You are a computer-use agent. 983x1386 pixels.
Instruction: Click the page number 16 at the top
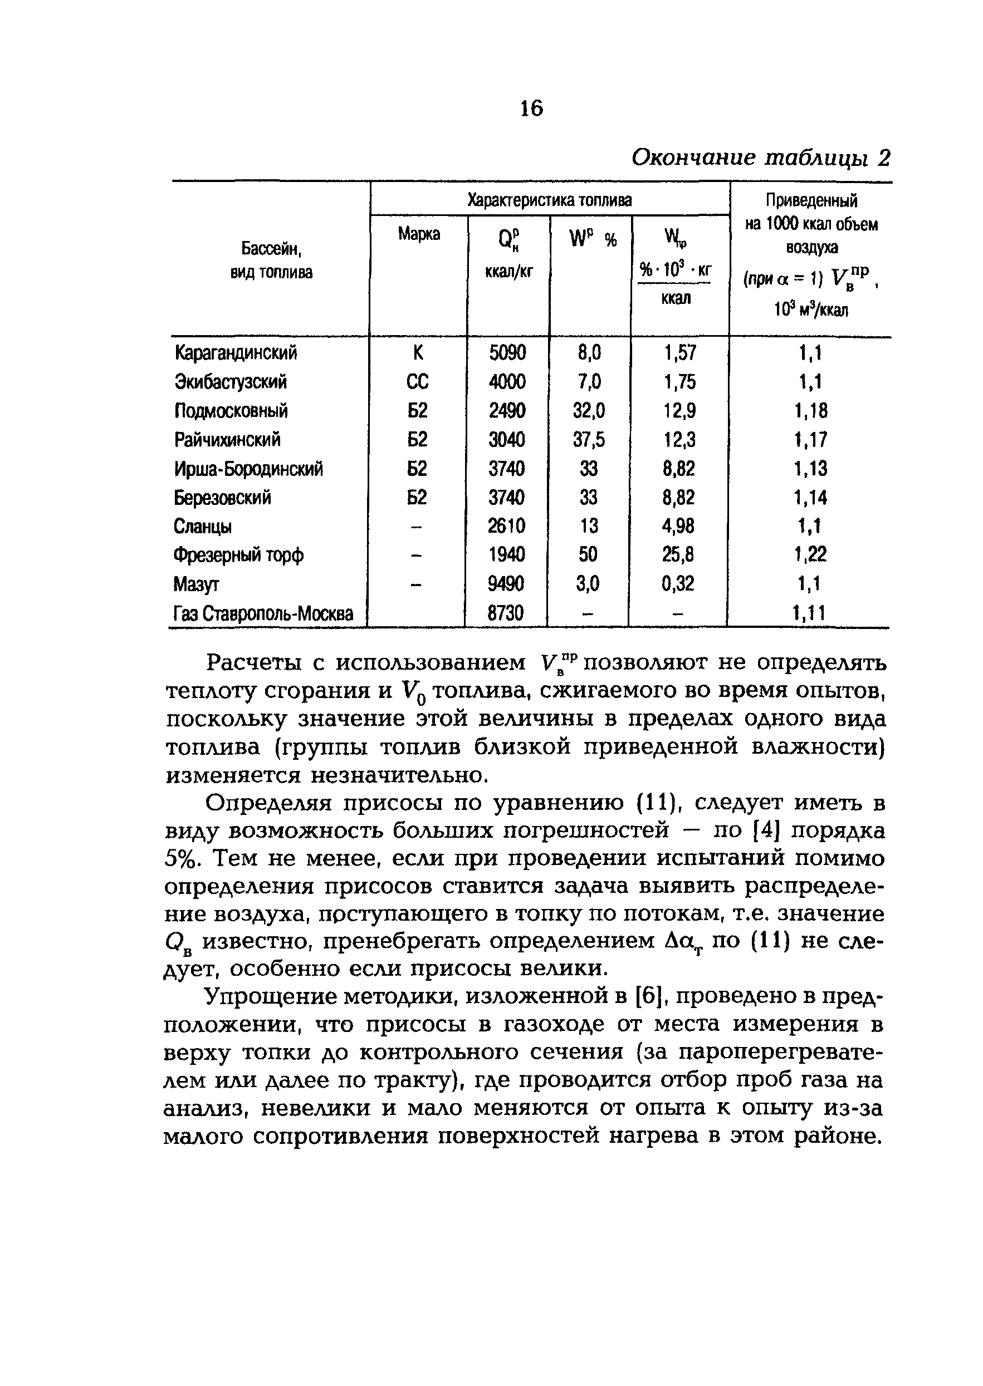click(x=531, y=109)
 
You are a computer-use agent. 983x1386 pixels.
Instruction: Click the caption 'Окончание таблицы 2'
click(x=761, y=158)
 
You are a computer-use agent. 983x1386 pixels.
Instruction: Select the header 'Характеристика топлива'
click(x=550, y=200)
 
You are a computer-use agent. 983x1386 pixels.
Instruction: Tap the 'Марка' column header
click(x=419, y=234)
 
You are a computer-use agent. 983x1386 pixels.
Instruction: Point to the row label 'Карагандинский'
click(x=236, y=353)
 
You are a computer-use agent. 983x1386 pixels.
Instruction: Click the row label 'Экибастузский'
click(x=231, y=382)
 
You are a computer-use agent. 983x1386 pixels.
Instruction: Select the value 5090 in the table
click(x=507, y=353)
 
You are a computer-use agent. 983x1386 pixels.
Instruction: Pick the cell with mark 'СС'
click(x=418, y=382)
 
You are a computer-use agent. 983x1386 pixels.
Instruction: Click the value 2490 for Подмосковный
click(x=507, y=411)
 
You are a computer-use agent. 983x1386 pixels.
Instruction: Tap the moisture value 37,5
click(x=589, y=440)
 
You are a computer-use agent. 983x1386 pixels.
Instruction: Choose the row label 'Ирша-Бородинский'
click(x=248, y=469)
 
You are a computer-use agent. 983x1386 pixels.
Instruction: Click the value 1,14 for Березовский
click(x=810, y=498)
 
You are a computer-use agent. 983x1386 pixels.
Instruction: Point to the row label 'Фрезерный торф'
click(x=238, y=555)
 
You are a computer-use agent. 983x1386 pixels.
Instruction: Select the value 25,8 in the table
click(x=678, y=555)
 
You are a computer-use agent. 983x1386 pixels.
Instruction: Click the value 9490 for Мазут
click(x=506, y=584)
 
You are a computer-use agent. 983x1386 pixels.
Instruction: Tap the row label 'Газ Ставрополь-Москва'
click(x=263, y=614)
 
